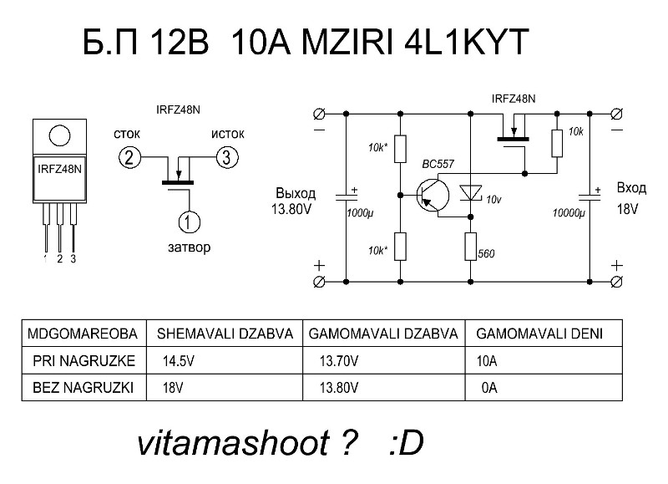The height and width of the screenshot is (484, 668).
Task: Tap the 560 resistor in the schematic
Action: (x=471, y=247)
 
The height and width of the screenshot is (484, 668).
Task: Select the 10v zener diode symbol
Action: (x=472, y=193)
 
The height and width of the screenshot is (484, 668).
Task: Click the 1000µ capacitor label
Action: (x=359, y=214)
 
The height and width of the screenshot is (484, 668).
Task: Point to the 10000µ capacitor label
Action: (x=568, y=214)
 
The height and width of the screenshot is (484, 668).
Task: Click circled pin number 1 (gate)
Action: (x=189, y=221)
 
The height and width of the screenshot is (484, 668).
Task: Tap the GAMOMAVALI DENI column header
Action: (x=538, y=334)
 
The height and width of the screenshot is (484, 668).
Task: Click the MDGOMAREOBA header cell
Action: (x=81, y=334)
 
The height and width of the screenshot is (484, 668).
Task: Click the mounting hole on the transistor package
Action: (x=58, y=134)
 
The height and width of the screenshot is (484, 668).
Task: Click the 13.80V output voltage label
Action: (x=291, y=209)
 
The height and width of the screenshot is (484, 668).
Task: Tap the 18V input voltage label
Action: (x=627, y=207)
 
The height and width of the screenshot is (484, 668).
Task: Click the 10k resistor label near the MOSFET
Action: (x=575, y=132)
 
